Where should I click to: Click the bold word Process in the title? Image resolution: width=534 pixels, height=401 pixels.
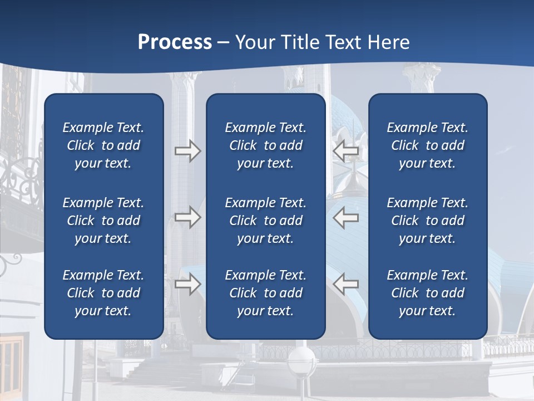175,42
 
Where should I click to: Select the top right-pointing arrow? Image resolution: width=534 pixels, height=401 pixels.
187,150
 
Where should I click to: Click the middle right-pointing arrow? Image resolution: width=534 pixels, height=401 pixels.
187,217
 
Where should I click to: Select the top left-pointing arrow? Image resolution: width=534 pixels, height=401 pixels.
346,150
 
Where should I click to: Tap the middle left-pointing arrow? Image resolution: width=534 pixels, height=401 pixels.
346,217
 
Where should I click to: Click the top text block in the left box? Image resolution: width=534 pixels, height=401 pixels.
103,145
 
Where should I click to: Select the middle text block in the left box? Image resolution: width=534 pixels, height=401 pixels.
103,221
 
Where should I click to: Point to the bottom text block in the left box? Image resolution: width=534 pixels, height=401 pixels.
103,293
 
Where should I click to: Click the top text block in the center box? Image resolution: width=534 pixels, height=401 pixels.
265,145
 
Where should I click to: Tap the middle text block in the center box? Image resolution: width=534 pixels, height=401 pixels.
265,221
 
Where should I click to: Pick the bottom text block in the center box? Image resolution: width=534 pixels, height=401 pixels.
265,293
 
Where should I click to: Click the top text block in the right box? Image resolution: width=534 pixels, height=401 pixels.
427,145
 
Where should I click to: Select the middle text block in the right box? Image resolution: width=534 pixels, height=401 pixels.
427,221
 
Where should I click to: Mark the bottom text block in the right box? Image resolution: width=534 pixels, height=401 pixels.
427,293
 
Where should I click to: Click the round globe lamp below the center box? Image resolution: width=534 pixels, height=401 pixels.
301,360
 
